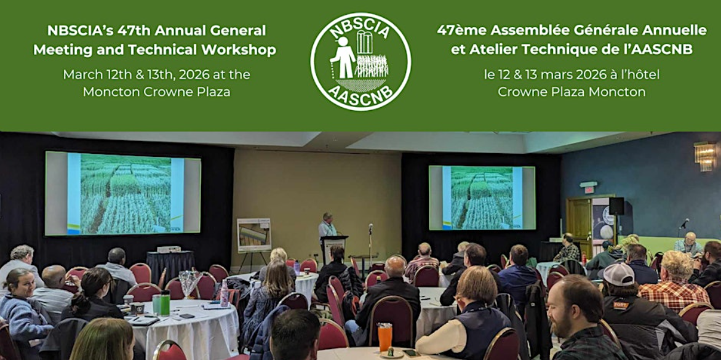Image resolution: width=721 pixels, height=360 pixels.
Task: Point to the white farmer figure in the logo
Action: (x=343, y=57)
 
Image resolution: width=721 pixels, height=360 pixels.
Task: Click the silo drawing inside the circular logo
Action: (x=365, y=42)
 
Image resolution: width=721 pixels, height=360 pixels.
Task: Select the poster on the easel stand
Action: (x=254, y=236)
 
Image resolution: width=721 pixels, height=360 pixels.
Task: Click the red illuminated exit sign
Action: (x=589, y=189)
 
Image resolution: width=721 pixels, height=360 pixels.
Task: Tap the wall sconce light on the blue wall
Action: (x=705, y=156)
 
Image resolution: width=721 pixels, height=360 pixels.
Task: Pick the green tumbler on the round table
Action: (x=165, y=303)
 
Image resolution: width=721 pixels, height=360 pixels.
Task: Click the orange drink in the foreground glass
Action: (x=385, y=337)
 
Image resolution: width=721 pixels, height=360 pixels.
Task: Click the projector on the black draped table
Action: (x=169, y=250)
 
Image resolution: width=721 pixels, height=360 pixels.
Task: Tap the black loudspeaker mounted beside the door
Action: (x=616, y=206)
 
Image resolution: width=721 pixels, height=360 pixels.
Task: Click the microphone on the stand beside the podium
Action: (x=370, y=228)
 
